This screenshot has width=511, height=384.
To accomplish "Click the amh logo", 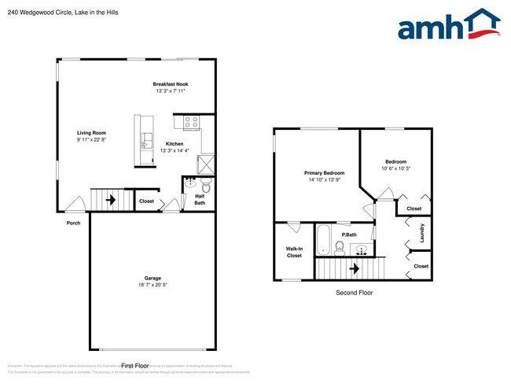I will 449,25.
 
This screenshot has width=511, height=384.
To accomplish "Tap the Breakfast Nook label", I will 171,84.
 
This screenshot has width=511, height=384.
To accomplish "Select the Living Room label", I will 91,133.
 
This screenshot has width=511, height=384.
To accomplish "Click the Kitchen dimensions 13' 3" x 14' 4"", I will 175,150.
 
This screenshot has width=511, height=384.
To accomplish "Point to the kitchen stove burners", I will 191,122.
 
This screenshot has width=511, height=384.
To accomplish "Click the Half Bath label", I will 200,200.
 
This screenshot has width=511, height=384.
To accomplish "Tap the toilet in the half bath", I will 207,186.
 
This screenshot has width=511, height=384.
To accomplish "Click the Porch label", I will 73,223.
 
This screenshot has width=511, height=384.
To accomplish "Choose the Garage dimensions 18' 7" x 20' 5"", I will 153,284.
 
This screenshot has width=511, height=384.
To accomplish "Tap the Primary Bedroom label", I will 324,172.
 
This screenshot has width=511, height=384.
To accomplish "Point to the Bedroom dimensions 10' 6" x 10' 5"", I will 395,168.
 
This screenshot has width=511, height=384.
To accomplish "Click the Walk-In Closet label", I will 294,252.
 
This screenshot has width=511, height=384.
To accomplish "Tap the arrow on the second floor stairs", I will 354,268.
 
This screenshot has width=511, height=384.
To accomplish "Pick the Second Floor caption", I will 355,293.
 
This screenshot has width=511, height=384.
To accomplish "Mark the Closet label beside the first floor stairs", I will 146,201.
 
